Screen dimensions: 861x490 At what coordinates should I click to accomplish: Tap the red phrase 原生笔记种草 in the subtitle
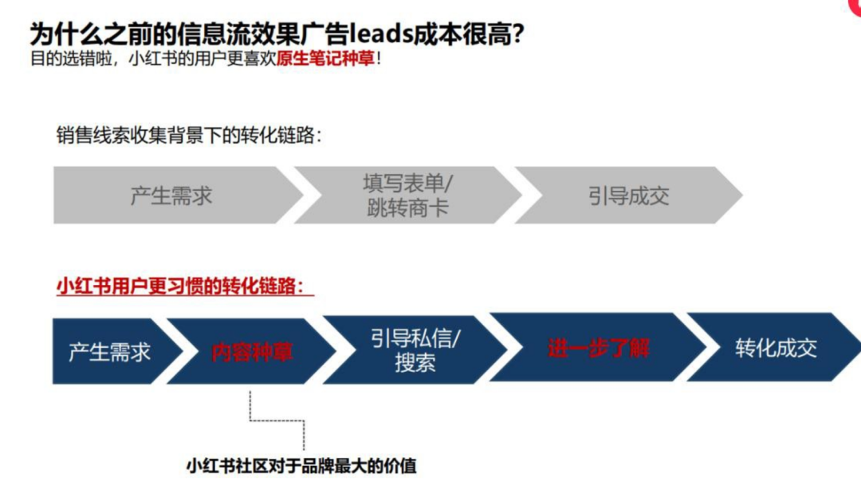325,60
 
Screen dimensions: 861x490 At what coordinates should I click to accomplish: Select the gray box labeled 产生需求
171,196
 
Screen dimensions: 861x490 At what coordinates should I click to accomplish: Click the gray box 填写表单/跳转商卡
407,196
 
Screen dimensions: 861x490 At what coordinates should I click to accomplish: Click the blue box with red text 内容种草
251,352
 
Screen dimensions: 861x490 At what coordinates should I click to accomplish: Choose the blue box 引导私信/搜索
415,350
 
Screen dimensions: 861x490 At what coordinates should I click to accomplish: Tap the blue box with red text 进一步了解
598,349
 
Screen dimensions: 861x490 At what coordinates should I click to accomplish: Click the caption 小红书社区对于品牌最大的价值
301,466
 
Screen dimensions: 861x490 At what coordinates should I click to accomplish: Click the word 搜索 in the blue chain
415,363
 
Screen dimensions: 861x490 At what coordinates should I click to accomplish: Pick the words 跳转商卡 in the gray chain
407,209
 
